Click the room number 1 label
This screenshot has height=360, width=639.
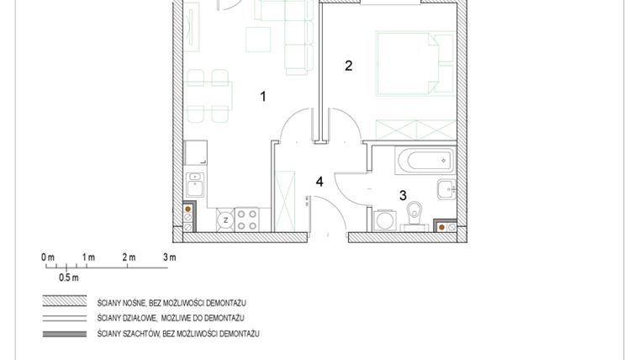point(263,97)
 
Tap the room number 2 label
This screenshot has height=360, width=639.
point(349,66)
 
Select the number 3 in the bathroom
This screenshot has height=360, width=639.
point(403,195)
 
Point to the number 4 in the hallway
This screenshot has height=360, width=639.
point(319,181)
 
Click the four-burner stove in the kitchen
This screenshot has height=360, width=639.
point(246,220)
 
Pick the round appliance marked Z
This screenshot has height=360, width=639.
point(225,220)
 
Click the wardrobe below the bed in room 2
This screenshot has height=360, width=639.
point(414,130)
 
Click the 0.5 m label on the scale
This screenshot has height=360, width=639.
point(68,277)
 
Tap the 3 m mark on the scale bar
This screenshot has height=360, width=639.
point(169,257)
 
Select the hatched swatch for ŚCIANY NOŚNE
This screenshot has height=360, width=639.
point(66,301)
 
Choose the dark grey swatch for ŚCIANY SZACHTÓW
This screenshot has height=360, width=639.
point(66,334)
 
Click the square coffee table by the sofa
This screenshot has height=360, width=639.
point(257,39)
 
